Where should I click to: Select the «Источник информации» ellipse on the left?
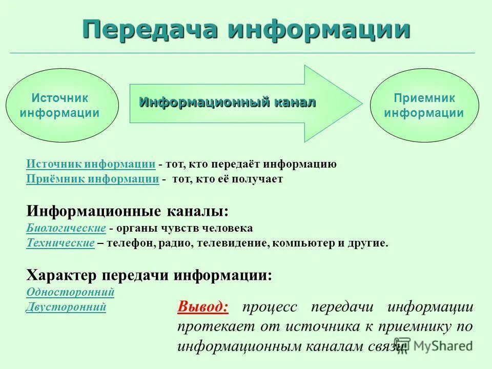(60, 106)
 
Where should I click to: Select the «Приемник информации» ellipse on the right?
(424, 106)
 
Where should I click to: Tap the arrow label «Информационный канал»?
(228, 102)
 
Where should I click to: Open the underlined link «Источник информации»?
(91, 164)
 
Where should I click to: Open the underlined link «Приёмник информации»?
(92, 179)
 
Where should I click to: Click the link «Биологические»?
(66, 228)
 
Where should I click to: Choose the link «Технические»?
(60, 243)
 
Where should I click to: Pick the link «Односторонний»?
(70, 292)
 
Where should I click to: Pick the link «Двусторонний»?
(66, 307)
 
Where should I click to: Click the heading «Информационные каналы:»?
(128, 211)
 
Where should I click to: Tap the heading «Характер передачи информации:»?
(149, 275)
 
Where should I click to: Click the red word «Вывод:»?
(203, 307)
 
